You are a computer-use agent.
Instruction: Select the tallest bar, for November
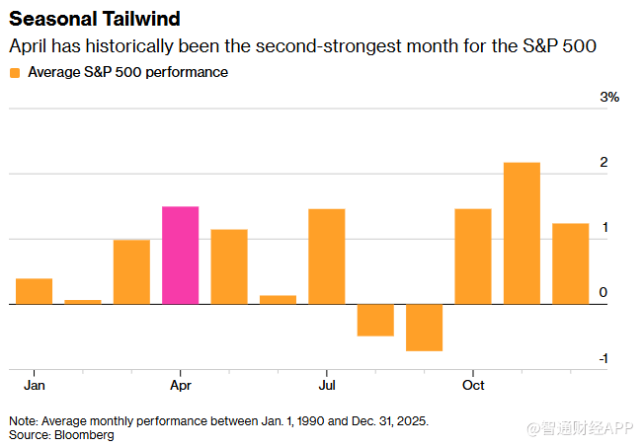522,233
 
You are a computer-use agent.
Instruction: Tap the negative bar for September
424,327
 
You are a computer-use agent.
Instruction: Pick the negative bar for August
375,320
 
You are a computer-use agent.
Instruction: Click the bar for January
34,291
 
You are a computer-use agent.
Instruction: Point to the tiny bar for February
83,301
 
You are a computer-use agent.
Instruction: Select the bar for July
326,257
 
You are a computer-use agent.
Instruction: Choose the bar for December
570,263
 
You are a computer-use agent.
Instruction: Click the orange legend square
15,73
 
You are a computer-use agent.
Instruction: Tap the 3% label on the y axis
610,98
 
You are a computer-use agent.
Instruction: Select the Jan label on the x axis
34,384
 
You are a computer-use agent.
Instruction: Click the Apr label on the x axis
181,384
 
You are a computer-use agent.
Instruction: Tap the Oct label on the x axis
473,384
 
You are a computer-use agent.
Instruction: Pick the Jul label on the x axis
326,384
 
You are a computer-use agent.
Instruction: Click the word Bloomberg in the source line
84,434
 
